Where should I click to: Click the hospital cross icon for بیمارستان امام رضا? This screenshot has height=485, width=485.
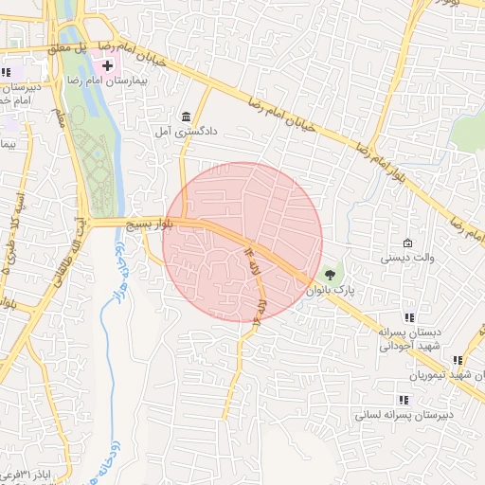[107, 65]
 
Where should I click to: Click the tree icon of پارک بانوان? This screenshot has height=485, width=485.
[330, 276]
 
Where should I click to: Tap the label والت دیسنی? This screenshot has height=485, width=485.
[406, 258]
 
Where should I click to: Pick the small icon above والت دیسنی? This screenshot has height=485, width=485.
[407, 242]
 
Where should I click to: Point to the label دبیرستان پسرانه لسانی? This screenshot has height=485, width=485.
[404, 415]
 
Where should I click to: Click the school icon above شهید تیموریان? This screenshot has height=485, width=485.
[458, 360]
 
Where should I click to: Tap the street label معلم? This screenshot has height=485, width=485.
[60, 118]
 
